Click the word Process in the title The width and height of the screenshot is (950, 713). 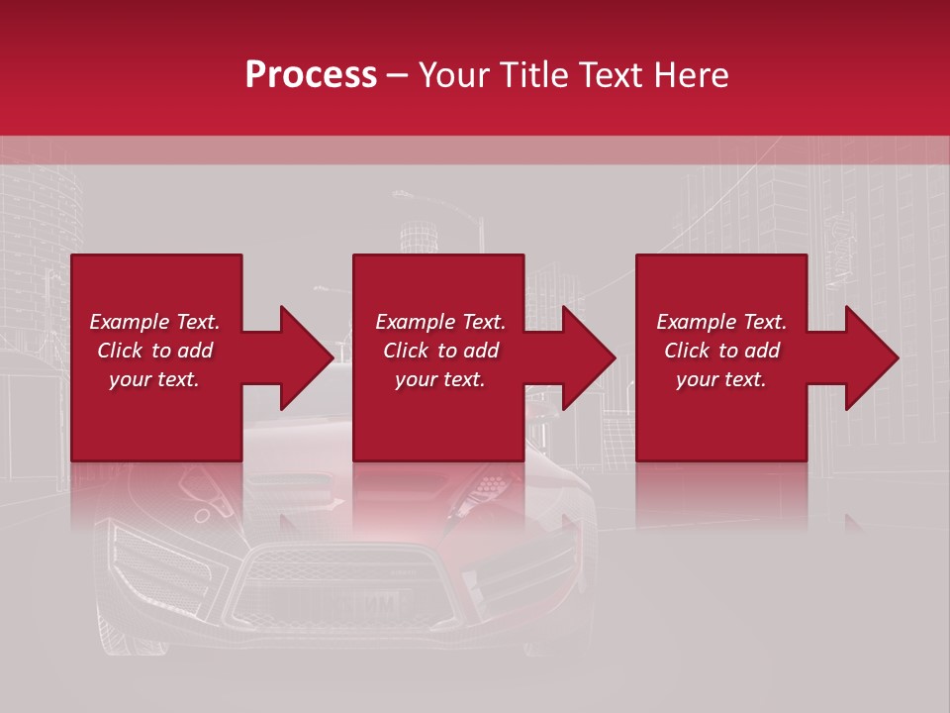coord(311,75)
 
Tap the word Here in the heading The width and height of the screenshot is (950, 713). coord(692,75)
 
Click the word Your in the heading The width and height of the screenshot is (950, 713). coord(456,75)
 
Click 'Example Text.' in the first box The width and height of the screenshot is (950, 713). coord(154,322)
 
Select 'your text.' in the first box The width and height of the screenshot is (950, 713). coord(154,379)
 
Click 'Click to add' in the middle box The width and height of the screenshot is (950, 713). coord(440,351)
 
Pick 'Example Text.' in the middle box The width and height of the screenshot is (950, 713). coord(440,322)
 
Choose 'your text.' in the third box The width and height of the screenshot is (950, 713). coord(721,379)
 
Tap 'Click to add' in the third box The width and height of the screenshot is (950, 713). coord(721,351)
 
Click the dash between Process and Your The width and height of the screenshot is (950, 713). coord(398,76)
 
